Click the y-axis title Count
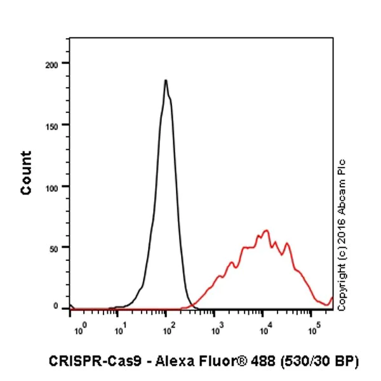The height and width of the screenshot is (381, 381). click(26, 173)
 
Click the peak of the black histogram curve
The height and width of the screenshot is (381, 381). click(166, 81)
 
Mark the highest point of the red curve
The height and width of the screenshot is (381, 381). click(267, 231)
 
